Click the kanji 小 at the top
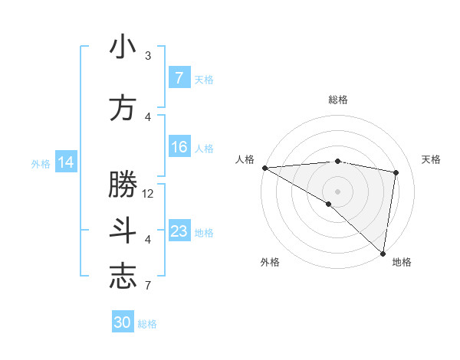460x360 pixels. click(x=123, y=47)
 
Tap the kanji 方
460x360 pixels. click(x=123, y=108)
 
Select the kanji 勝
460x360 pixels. click(x=123, y=185)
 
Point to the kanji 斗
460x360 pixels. click(x=123, y=231)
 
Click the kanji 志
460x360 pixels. click(x=123, y=277)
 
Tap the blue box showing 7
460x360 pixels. click(x=179, y=78)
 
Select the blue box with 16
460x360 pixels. click(x=179, y=148)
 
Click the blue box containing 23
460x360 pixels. click(x=179, y=231)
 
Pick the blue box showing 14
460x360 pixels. click(x=66, y=162)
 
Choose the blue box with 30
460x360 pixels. click(x=123, y=322)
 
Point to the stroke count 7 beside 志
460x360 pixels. click(x=148, y=286)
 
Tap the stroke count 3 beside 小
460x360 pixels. click(x=148, y=56)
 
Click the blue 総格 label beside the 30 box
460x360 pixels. click(x=147, y=324)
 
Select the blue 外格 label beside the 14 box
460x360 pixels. click(x=41, y=163)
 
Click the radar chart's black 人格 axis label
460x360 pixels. click(x=245, y=159)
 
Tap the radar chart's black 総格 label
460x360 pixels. click(x=337, y=100)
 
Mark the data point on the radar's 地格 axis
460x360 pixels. click(x=383, y=253)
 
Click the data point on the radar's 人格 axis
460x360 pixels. click(x=264, y=167)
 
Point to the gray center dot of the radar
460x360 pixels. click(x=337, y=190)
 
